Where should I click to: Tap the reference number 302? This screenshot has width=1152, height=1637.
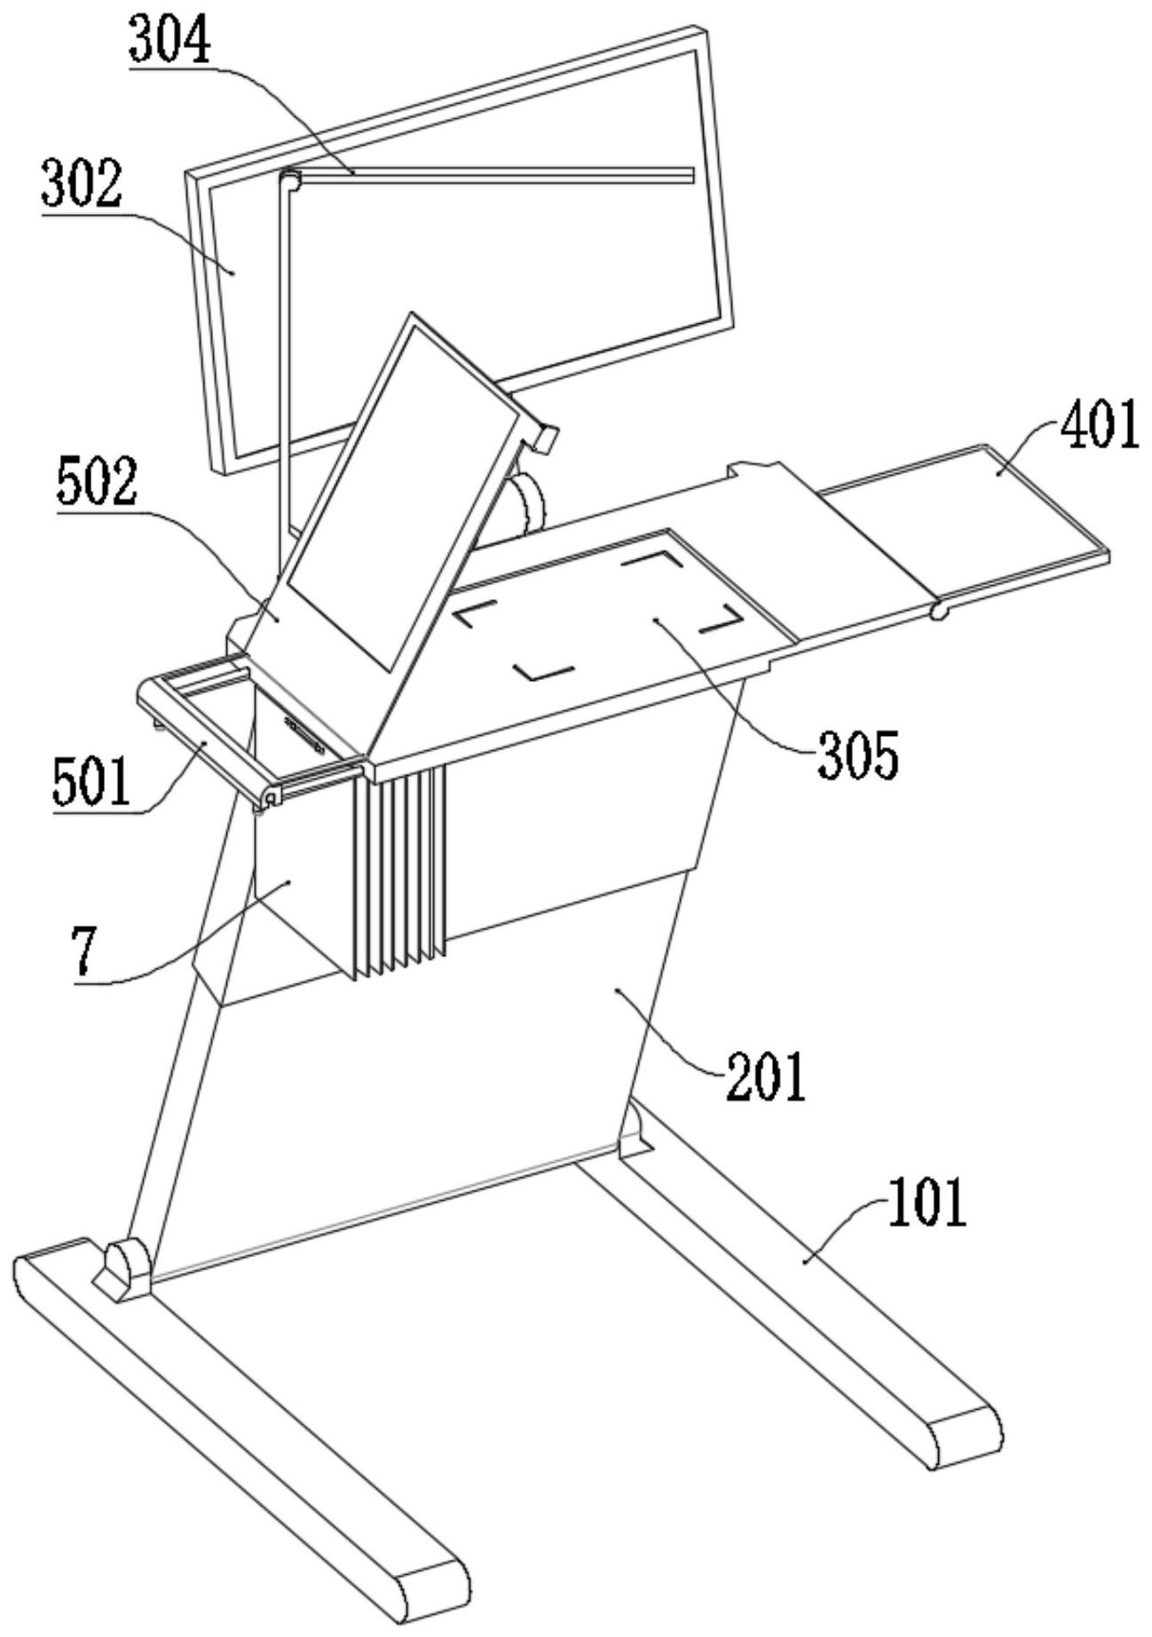pyautogui.click(x=81, y=186)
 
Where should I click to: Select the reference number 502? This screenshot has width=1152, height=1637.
pyautogui.click(x=98, y=483)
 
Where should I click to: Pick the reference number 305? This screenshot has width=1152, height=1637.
pyautogui.click(x=858, y=755)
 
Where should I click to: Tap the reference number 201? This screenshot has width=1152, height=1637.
pyautogui.click(x=765, y=1077)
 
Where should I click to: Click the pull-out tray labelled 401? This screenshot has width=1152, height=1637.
pyautogui.click(x=967, y=524)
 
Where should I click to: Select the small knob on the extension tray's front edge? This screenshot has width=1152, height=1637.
pyautogui.click(x=937, y=612)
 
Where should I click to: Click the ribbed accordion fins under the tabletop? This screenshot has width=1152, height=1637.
pyautogui.click(x=399, y=870)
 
